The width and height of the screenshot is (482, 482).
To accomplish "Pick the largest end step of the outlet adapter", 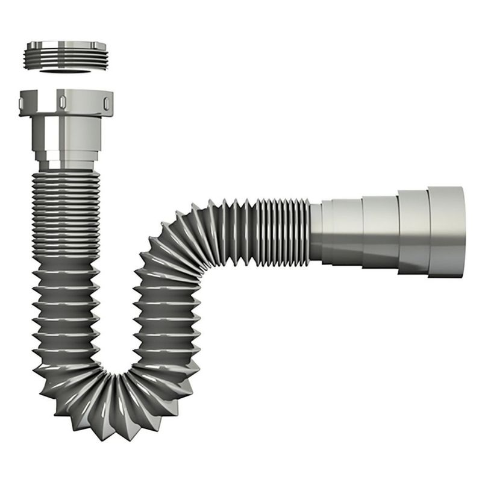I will [x=446, y=231].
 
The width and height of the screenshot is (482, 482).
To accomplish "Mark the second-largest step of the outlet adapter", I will [x=412, y=232].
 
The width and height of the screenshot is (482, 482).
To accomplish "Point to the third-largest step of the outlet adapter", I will [x=380, y=231].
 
